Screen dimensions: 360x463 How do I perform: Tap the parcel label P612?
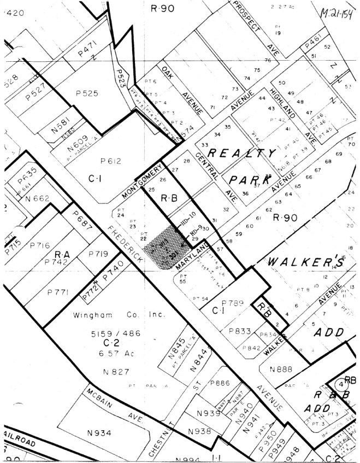pos(110,161)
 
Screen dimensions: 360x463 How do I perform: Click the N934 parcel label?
pos(99,433)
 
